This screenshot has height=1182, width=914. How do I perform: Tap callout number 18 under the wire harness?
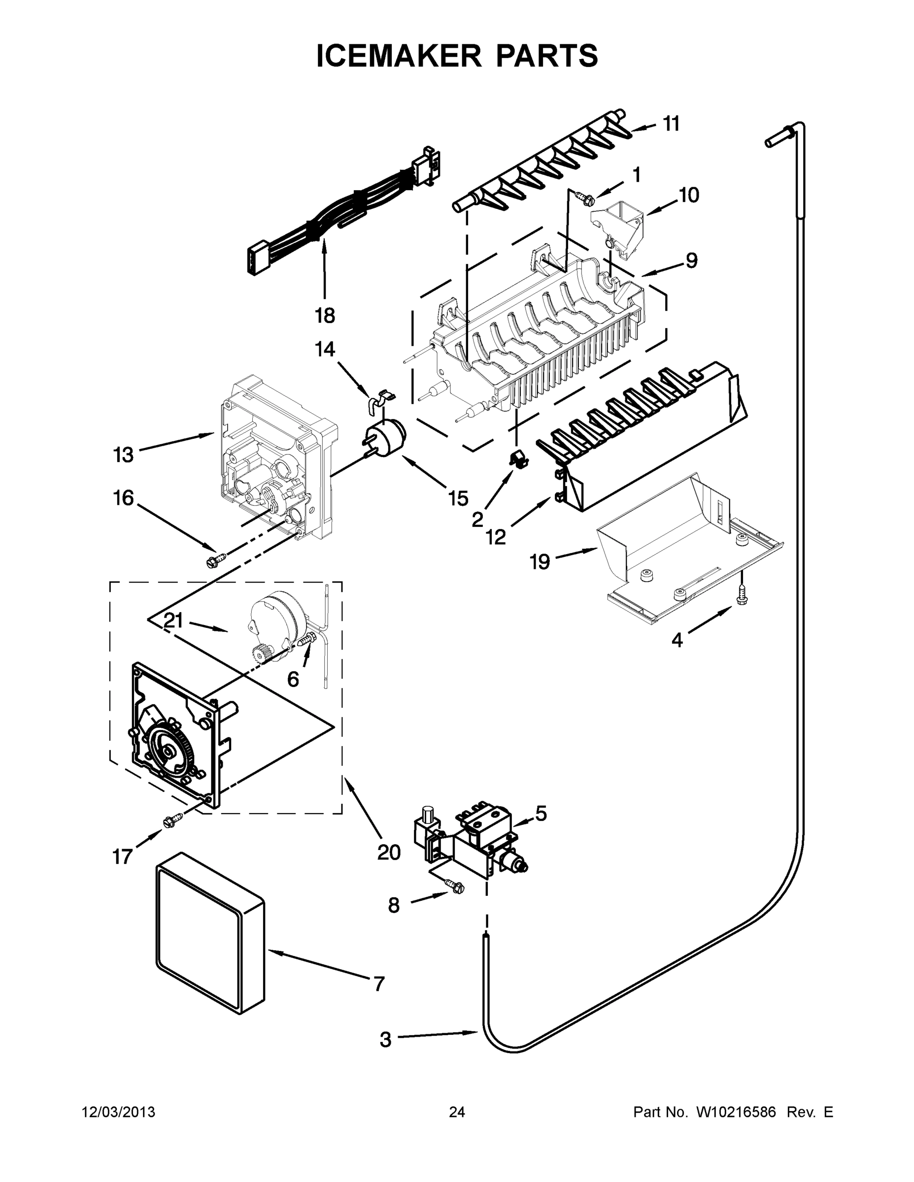tap(325, 315)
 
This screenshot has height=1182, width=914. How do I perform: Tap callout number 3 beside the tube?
tap(385, 1040)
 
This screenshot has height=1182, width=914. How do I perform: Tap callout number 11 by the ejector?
tap(672, 124)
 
